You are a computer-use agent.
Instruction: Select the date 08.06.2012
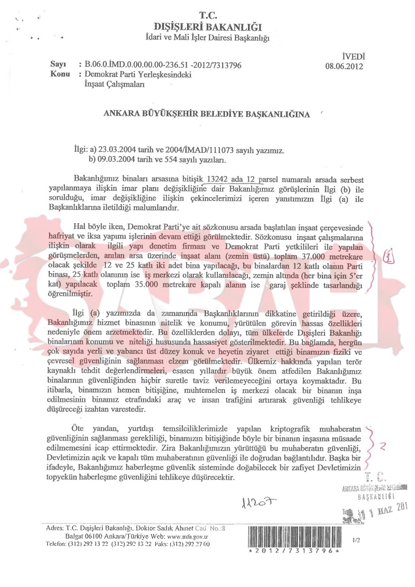point(344,66)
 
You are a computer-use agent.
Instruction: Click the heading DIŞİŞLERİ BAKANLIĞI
point(208,27)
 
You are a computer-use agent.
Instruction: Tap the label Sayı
point(58,64)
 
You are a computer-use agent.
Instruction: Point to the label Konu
point(60,74)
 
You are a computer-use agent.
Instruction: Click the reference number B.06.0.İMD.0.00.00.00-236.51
point(136,65)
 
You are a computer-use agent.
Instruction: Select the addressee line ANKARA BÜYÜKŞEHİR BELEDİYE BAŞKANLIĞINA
point(207,114)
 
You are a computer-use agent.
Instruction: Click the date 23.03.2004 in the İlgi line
point(112,150)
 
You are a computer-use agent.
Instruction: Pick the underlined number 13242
point(217,179)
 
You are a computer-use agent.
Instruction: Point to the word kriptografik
point(290,429)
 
